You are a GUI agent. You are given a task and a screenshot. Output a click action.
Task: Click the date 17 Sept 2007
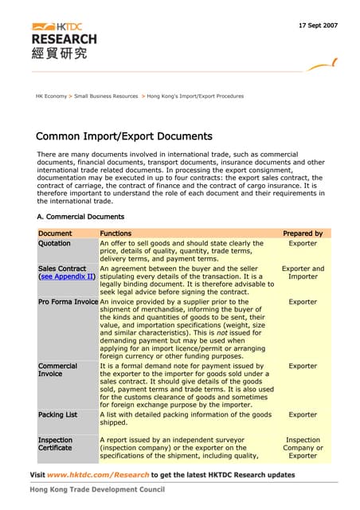(x=318, y=25)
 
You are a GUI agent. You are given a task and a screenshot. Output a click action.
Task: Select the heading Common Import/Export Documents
(x=124, y=135)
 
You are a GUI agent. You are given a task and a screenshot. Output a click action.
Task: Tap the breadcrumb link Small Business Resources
(x=107, y=96)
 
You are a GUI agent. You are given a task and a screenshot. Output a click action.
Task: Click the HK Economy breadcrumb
(x=51, y=96)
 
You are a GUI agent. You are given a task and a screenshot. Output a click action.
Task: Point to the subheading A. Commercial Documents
(x=80, y=216)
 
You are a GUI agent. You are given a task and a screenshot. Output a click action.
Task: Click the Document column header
(x=55, y=233)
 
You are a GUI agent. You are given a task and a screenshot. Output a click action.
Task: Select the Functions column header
(x=115, y=233)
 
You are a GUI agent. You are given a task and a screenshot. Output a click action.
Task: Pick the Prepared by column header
(x=303, y=233)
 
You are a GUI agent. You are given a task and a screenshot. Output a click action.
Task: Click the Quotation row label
(x=54, y=243)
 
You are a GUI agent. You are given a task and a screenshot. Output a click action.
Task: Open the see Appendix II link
(x=67, y=277)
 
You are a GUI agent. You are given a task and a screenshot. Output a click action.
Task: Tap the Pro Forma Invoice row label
(x=68, y=302)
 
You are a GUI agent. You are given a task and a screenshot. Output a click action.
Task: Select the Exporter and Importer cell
(x=303, y=273)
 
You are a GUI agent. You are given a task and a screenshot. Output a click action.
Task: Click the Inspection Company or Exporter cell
(x=303, y=448)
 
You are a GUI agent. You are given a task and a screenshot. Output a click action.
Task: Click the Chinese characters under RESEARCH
(x=60, y=53)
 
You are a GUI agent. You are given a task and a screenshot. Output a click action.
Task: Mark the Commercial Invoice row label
(x=57, y=371)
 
